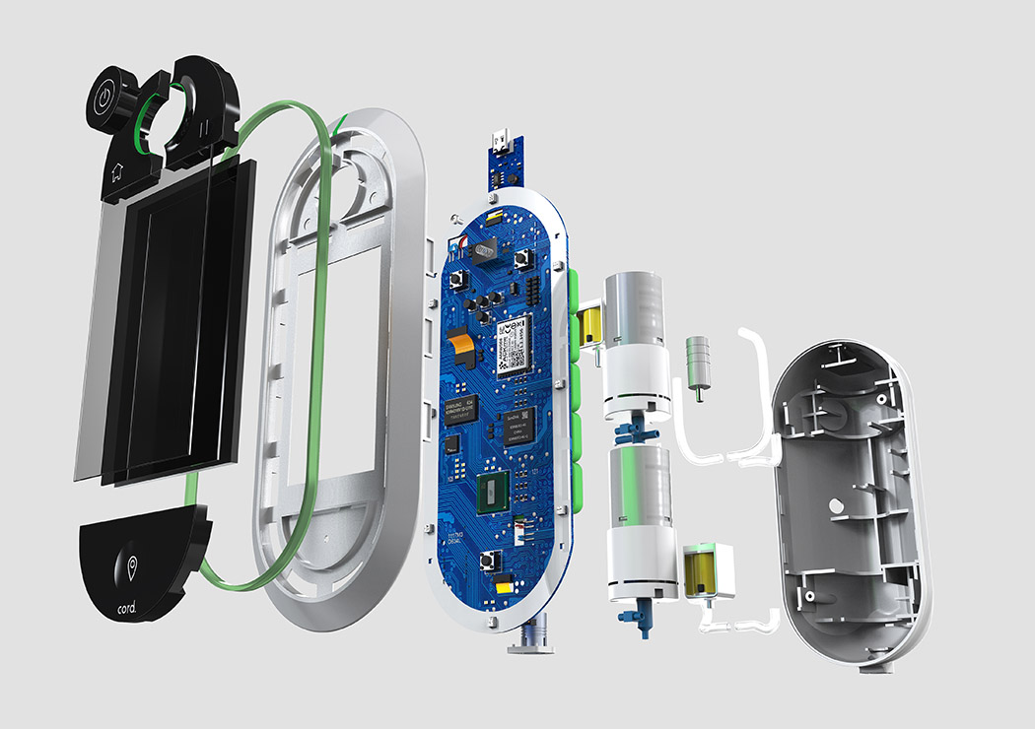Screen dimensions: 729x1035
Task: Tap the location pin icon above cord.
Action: [133, 569]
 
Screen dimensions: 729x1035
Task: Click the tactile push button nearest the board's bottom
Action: [489, 562]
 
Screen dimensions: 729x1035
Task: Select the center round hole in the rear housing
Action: [836, 506]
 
